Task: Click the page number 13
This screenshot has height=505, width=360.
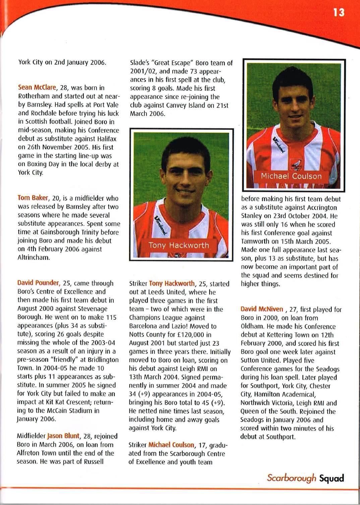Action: (x=339, y=13)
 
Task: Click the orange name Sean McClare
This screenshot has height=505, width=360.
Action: (x=37, y=88)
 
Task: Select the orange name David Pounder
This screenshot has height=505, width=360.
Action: (x=39, y=283)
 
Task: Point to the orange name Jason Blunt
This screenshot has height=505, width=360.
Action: (x=63, y=436)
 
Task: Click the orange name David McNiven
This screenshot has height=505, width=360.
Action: (x=262, y=309)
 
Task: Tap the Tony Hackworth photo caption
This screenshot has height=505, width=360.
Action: (x=179, y=245)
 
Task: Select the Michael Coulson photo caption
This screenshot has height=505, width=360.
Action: (x=291, y=176)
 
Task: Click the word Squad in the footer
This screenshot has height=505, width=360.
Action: (x=332, y=478)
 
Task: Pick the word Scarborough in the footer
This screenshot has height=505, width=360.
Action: (x=291, y=478)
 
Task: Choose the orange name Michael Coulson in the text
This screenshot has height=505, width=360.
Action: (x=171, y=445)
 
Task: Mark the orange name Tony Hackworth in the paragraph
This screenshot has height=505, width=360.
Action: (x=172, y=284)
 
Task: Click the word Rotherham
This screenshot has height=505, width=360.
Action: (x=33, y=96)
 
